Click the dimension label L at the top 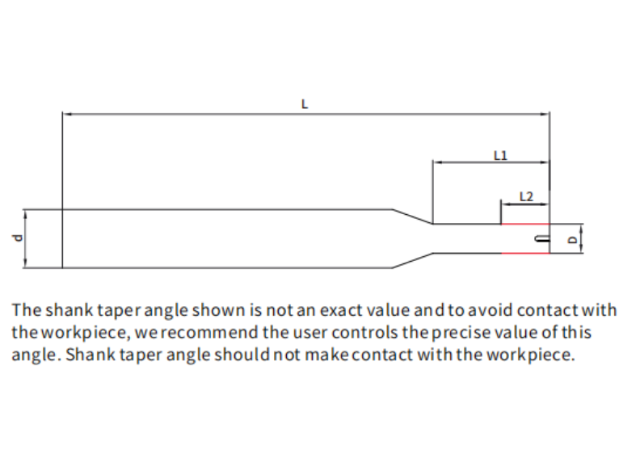click(304, 104)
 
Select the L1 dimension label click(499, 154)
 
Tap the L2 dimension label click(526, 196)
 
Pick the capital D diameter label click(573, 239)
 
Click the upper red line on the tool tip click(525, 224)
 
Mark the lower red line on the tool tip click(525, 253)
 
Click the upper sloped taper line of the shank click(413, 217)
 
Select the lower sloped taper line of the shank click(413, 259)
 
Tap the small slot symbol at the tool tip click(540, 238)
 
